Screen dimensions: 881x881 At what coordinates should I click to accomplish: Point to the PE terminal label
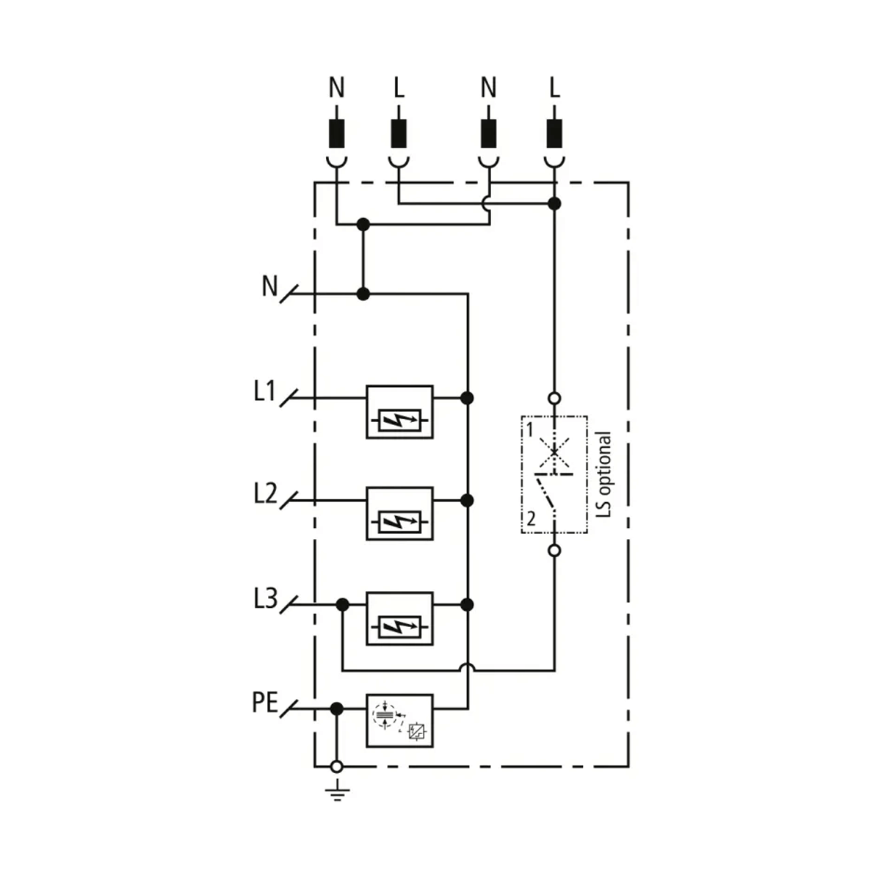(x=264, y=703)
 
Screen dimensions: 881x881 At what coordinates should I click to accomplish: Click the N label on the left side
(x=270, y=286)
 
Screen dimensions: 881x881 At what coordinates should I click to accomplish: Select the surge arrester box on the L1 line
(x=400, y=412)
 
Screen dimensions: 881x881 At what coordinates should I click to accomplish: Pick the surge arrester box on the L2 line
(x=400, y=513)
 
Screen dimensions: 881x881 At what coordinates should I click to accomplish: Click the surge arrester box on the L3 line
(x=400, y=618)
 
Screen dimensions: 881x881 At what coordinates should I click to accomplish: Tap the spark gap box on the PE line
(x=400, y=720)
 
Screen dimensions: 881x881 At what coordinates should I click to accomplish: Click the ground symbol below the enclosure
(x=337, y=792)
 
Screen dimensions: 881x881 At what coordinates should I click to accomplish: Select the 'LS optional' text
(x=603, y=476)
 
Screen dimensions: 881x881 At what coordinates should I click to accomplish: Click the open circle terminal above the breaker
(x=555, y=399)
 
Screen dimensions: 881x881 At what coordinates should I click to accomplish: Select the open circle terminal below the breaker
(x=555, y=550)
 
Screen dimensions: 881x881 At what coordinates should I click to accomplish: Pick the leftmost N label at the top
(x=336, y=88)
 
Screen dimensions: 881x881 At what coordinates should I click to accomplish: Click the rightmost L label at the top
(x=554, y=88)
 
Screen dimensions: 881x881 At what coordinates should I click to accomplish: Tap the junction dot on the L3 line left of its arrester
(x=342, y=604)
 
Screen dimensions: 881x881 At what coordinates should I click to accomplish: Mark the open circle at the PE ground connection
(x=337, y=766)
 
